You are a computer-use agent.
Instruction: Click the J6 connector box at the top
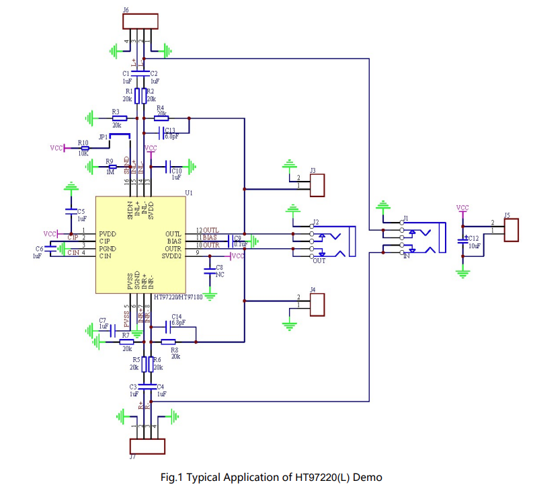point(140,21)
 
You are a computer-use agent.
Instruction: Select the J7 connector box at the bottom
point(147,446)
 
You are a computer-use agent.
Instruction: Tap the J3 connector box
point(317,185)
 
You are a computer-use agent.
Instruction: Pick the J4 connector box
point(317,305)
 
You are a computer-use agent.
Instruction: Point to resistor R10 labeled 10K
point(84,149)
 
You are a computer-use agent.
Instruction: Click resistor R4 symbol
point(161,118)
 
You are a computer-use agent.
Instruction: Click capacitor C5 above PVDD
point(71,211)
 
